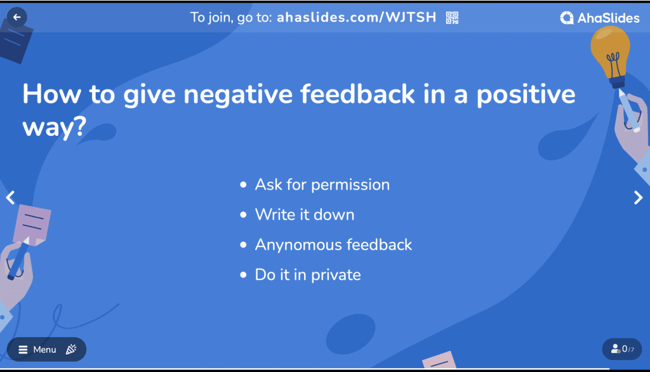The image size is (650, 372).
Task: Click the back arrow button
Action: click(17, 17)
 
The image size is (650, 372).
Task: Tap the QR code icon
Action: click(452, 17)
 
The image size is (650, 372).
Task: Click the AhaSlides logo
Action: click(600, 18)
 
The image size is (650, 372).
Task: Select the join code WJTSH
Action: click(411, 17)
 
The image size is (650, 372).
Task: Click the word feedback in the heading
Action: click(357, 94)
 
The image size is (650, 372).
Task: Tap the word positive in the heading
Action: click(526, 96)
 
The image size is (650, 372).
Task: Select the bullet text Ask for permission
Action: click(322, 185)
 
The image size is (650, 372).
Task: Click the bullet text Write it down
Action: click(305, 215)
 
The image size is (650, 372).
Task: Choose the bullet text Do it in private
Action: click(308, 275)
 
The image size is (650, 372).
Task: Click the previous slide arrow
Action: click(10, 197)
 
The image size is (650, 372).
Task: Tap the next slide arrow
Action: click(639, 197)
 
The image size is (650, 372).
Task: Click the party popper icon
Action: click(71, 349)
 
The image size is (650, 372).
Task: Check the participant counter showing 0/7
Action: click(622, 349)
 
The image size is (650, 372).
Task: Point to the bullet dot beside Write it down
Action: click(243, 215)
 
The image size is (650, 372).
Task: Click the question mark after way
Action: click(79, 126)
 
